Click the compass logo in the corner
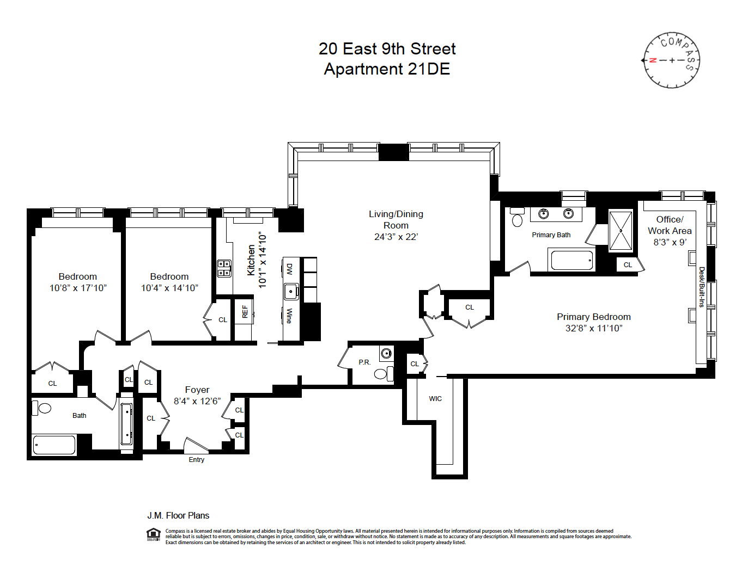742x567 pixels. click(671, 60)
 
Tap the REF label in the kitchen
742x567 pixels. click(245, 311)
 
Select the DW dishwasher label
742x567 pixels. click(289, 269)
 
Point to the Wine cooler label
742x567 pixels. click(289, 316)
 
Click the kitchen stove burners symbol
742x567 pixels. click(224, 268)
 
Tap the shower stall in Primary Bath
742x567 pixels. click(621, 231)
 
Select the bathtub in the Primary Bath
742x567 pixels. click(571, 260)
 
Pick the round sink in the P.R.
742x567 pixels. click(386, 353)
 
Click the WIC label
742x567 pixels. click(435, 399)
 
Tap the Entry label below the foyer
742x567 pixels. click(197, 460)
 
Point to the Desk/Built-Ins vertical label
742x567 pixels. click(702, 287)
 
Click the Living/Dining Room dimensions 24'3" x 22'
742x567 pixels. click(396, 237)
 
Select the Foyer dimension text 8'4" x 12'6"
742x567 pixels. click(197, 401)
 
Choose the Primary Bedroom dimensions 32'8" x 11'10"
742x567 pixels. click(594, 328)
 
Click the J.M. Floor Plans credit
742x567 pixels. click(178, 515)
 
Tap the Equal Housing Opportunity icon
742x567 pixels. click(154, 535)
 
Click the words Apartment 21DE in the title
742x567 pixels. click(387, 69)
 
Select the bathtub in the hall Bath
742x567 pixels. click(54, 445)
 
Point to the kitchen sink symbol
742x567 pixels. click(291, 291)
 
